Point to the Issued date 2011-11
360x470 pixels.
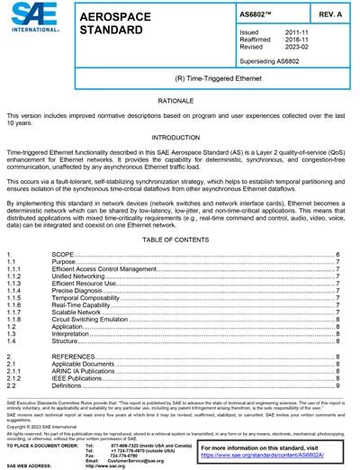pyautogui.click(x=297, y=32)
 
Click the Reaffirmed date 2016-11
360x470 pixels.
pyautogui.click(x=297, y=40)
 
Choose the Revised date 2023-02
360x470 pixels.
pyautogui.click(x=297, y=47)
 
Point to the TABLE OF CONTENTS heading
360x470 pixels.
pyautogui.click(x=180, y=241)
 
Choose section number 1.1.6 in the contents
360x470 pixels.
pyautogui.click(x=15, y=304)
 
